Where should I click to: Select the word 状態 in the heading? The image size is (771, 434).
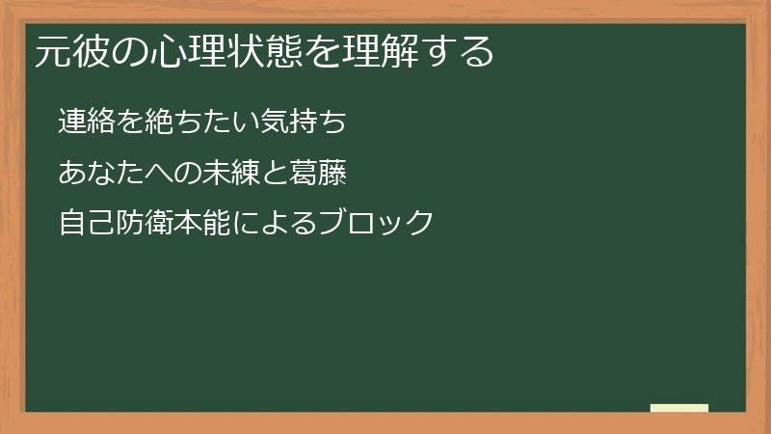pyautogui.click(x=259, y=51)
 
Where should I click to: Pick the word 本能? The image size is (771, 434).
pyautogui.click(x=199, y=224)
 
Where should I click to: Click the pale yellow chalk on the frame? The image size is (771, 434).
pyautogui.click(x=678, y=408)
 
